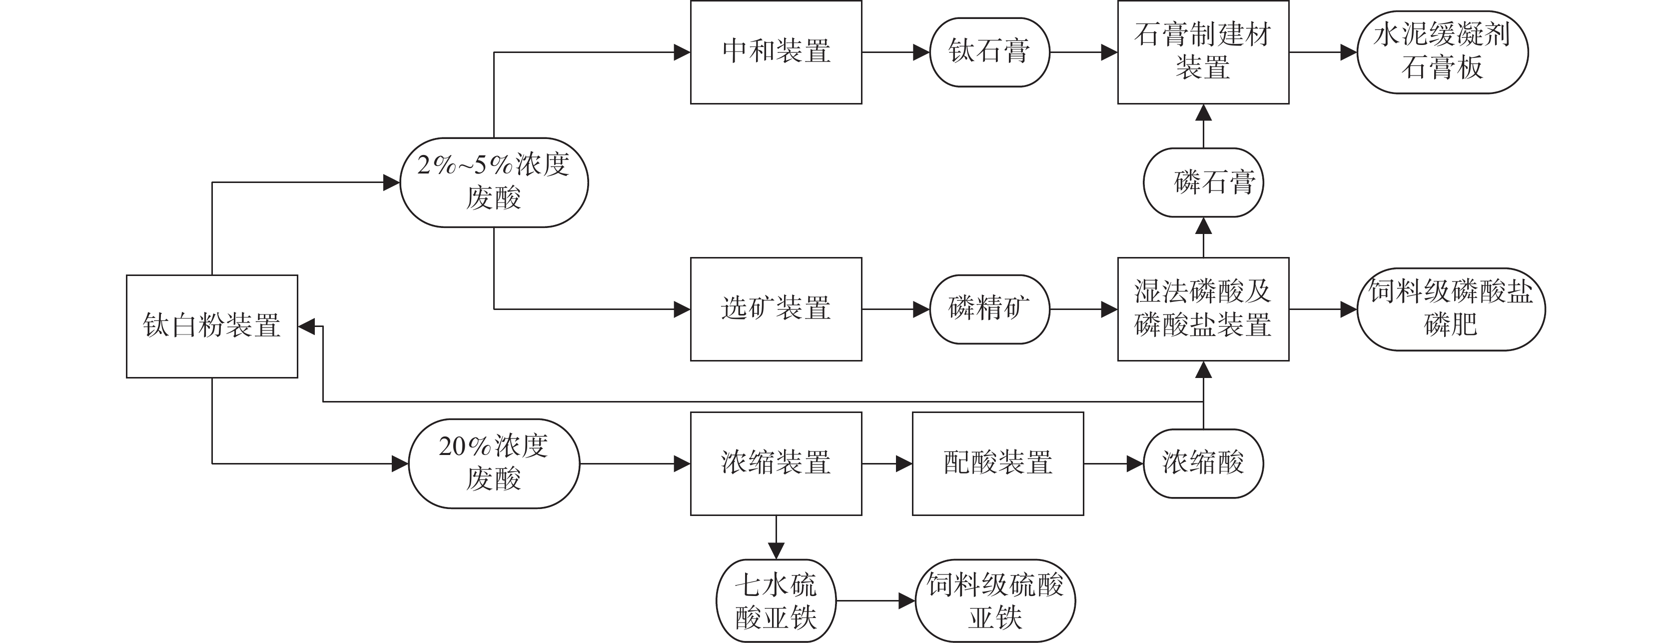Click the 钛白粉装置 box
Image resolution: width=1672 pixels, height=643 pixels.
(211, 326)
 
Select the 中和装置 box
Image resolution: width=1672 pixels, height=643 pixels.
(776, 52)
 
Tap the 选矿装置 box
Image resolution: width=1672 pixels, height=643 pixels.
(776, 309)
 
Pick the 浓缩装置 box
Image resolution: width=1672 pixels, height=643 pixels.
(776, 463)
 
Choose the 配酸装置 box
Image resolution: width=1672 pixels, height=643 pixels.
(997, 463)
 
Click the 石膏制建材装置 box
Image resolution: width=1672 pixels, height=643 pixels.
(1203, 52)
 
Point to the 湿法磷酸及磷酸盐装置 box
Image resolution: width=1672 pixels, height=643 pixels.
(1203, 309)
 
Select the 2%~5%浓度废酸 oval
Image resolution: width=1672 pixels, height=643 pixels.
(494, 182)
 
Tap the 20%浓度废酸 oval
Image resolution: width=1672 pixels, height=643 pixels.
(494, 463)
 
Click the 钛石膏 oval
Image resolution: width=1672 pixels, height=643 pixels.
(989, 52)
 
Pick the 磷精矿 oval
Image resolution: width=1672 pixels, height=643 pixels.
(989, 309)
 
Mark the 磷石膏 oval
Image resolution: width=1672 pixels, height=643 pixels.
(1203, 182)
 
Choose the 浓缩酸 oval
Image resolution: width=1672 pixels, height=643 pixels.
(1203, 463)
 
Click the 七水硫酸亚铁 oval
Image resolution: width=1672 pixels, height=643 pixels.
(776, 601)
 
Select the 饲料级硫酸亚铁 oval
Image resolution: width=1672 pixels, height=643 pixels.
(995, 601)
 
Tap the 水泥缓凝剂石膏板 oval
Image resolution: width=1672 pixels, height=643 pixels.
(1442, 52)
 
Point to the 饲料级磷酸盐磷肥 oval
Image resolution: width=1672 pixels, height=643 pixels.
(1451, 309)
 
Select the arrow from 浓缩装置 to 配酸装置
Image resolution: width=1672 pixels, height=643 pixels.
(886, 463)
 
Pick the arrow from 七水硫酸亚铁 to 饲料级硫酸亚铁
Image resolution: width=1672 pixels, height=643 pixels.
(875, 601)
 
